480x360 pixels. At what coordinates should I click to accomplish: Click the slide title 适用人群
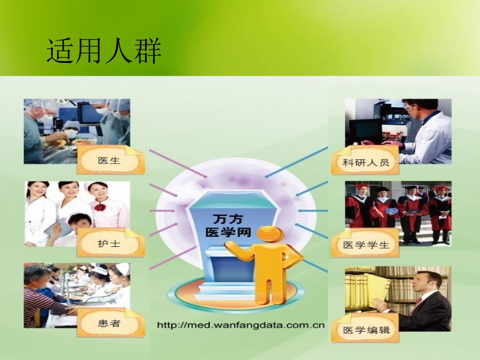coord(104,51)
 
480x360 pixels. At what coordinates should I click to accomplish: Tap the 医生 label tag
coord(110,160)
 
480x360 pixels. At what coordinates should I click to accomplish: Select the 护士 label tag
coord(110,243)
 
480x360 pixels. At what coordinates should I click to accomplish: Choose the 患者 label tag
coord(110,323)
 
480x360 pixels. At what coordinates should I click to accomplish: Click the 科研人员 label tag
coord(365,161)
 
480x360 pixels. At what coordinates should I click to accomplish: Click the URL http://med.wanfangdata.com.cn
coord(241,325)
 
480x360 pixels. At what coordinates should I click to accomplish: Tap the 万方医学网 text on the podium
coord(228,226)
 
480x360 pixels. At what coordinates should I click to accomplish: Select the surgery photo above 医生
coord(77,131)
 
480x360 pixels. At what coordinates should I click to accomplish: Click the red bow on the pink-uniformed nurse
coord(100,207)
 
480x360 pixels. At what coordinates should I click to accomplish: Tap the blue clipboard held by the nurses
coord(59,227)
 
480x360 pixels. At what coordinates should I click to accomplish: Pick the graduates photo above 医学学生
coord(398,213)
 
